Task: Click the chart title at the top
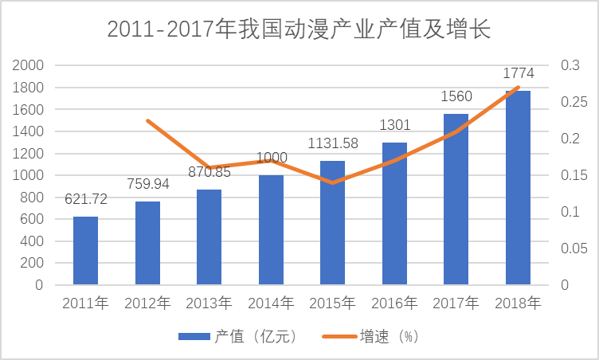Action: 299,29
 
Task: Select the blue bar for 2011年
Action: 85,250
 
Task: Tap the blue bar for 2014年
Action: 271,229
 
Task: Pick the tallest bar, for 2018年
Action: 518,187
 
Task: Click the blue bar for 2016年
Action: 394,213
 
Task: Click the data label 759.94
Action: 147,185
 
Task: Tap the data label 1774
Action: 518,74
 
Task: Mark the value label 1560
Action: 456,97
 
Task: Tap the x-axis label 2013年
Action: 209,303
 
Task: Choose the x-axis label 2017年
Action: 456,303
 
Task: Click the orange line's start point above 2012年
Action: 147,120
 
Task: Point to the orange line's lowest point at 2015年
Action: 333,182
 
